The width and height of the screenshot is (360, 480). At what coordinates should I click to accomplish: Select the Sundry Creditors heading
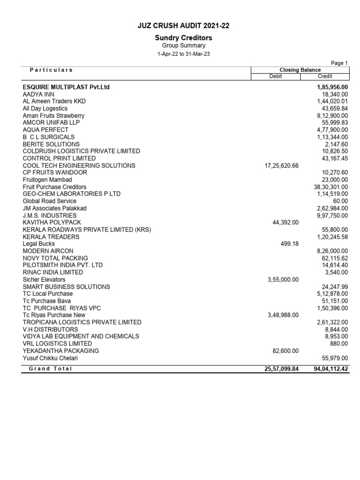click(x=183, y=37)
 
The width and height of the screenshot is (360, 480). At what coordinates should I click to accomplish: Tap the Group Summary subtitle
click(x=183, y=45)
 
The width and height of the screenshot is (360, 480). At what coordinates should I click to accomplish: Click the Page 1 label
click(x=339, y=63)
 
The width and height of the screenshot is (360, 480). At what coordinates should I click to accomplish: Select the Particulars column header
click(x=51, y=70)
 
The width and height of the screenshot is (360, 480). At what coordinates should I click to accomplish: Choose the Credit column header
click(x=325, y=76)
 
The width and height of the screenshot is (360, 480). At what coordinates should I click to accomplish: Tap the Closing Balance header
click(x=300, y=70)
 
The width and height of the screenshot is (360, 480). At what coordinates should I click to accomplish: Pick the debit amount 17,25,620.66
click(x=282, y=165)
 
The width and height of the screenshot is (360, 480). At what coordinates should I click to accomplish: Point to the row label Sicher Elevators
click(x=44, y=279)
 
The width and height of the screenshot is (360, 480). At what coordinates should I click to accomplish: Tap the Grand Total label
click(x=51, y=368)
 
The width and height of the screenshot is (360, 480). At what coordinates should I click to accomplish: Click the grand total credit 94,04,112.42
click(x=330, y=369)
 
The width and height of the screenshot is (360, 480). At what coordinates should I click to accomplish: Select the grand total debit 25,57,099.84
click(x=281, y=369)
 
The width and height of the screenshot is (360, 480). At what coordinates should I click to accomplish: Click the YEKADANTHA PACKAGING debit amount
click(x=285, y=351)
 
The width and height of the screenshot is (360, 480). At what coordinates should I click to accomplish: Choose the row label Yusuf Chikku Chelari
click(x=50, y=358)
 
